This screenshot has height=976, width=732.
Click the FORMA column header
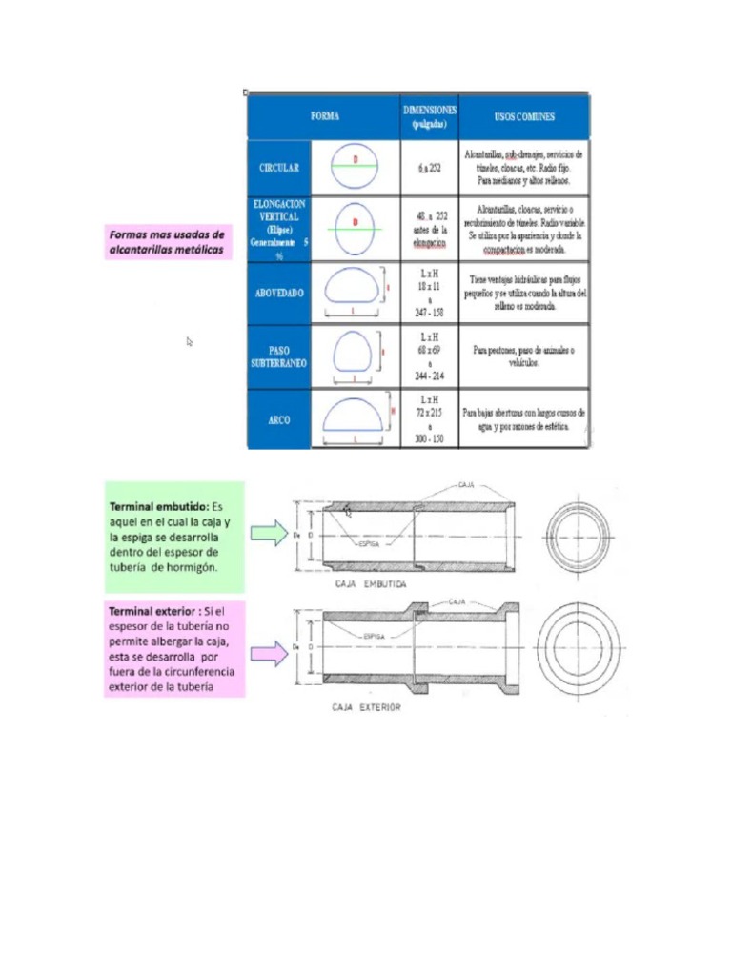click(x=324, y=117)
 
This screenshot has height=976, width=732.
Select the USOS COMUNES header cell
click(x=524, y=117)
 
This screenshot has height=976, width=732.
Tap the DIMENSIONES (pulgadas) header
click(x=430, y=116)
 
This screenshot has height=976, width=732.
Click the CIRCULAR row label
click(x=279, y=167)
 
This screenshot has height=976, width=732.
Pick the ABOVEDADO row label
click(x=279, y=293)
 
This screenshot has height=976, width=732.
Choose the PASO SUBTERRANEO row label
click(x=279, y=356)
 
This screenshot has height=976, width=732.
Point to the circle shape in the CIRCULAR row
click(x=356, y=167)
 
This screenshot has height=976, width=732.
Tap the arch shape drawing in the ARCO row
click(x=354, y=418)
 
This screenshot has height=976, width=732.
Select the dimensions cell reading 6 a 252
click(x=430, y=167)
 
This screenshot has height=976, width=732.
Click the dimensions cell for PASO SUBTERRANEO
click(x=430, y=356)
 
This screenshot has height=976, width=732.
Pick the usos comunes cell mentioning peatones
click(x=524, y=356)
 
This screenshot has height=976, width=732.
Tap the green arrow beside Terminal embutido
click(x=269, y=534)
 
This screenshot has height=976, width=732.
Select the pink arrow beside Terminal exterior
click(x=269, y=654)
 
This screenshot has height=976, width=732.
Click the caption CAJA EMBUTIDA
click(x=371, y=582)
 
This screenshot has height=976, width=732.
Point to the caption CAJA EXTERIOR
click(x=366, y=707)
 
